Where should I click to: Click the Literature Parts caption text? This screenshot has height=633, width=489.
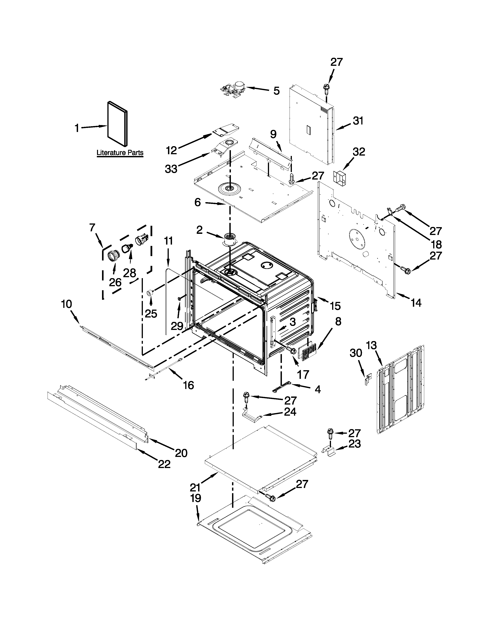click(x=120, y=152)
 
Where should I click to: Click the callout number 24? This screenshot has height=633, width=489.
click(x=290, y=412)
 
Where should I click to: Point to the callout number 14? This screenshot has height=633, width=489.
click(x=416, y=303)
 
